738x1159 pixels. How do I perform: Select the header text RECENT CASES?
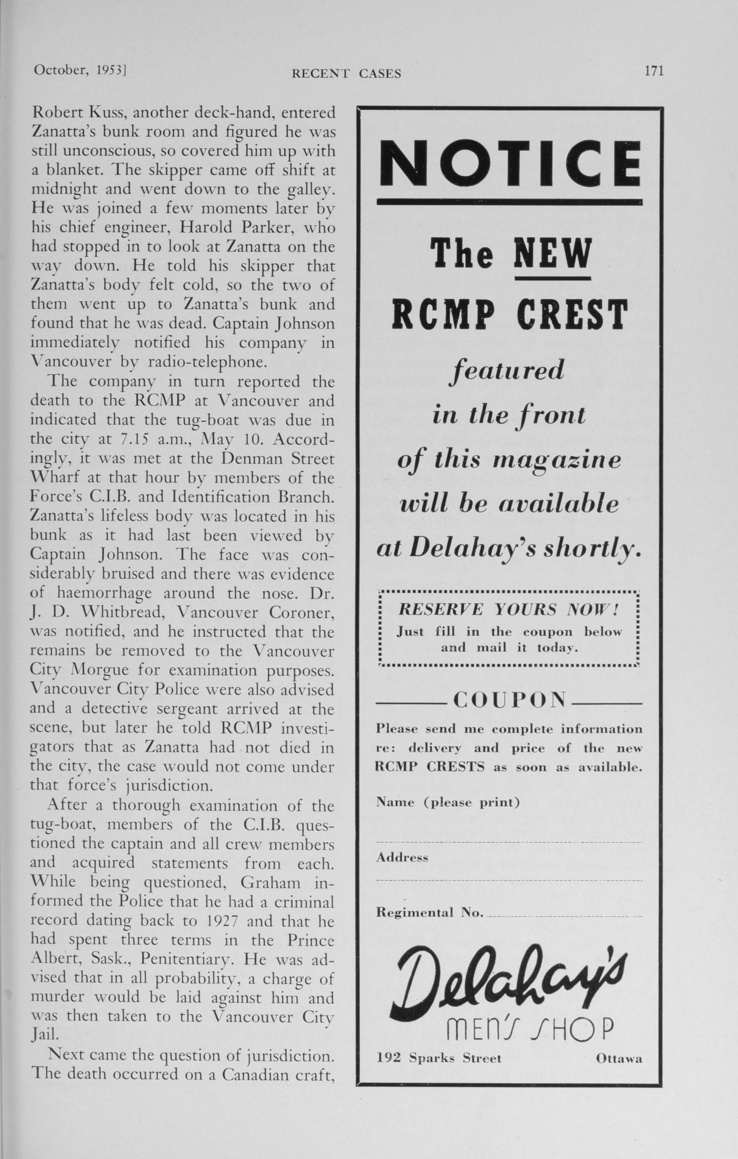[x=346, y=74]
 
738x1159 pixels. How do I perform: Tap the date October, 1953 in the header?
[x=80, y=70]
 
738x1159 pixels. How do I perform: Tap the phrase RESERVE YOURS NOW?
[x=508, y=610]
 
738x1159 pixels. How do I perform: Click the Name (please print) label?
[x=448, y=802]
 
